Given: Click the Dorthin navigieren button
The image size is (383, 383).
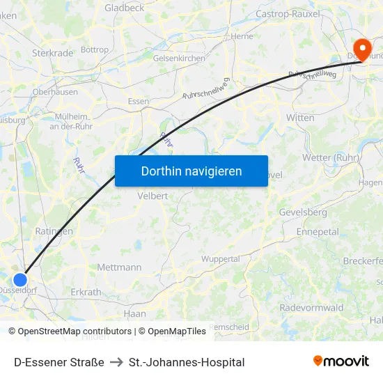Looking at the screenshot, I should (x=191, y=171).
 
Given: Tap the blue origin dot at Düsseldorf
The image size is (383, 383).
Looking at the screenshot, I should (x=20, y=280).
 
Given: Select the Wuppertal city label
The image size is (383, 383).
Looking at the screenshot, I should (x=220, y=259).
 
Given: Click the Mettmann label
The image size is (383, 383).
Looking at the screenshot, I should (x=119, y=267).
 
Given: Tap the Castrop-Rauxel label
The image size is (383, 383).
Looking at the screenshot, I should (x=288, y=13).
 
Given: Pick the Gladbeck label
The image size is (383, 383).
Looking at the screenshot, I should (x=124, y=8).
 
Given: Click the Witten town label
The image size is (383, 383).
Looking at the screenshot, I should (x=300, y=118).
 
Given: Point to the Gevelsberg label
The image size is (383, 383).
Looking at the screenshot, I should (x=302, y=212).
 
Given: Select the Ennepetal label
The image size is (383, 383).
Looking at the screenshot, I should (x=317, y=231).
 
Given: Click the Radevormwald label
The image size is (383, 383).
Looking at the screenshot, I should (x=311, y=308).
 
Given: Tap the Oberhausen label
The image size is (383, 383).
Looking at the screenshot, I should (x=55, y=91).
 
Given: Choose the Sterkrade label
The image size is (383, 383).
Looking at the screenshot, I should (x=52, y=52).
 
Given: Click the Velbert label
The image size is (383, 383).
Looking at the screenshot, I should (x=153, y=196).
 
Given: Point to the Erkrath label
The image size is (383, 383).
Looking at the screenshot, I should (x=86, y=292).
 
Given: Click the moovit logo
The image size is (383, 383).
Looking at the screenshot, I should (x=341, y=361).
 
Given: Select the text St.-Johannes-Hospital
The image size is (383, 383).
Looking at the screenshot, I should (x=187, y=362).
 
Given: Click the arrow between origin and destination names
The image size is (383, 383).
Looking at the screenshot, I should (x=116, y=362).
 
